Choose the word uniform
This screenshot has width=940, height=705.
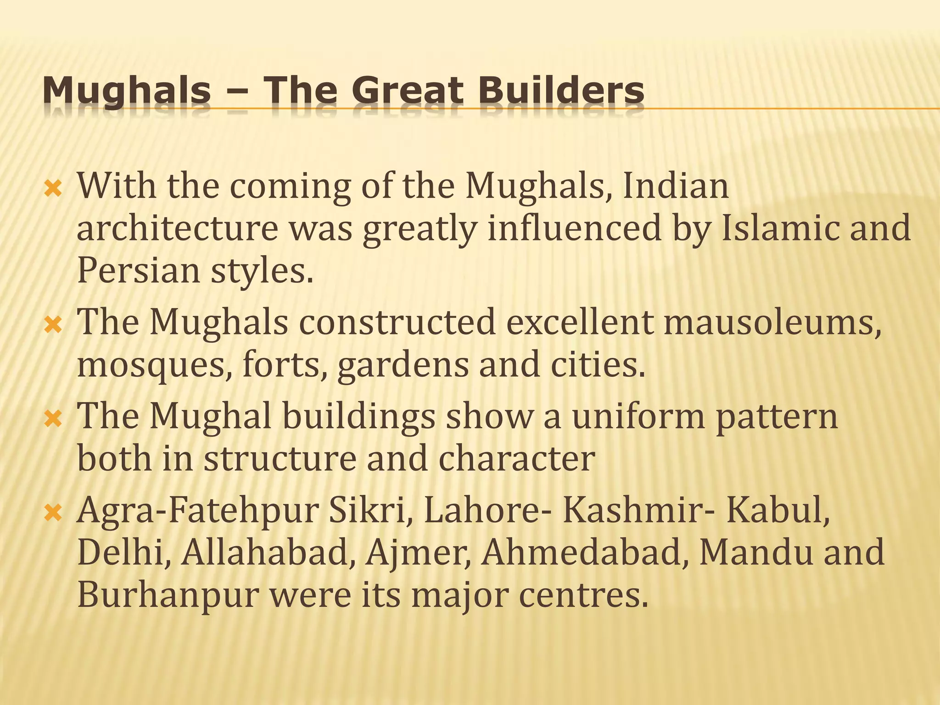(638, 416)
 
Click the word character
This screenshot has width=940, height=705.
(517, 459)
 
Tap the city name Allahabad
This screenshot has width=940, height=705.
(269, 553)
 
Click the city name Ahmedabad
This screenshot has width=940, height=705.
(585, 553)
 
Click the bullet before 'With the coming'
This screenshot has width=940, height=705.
(53, 189)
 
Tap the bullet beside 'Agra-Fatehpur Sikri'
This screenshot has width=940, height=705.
(53, 513)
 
